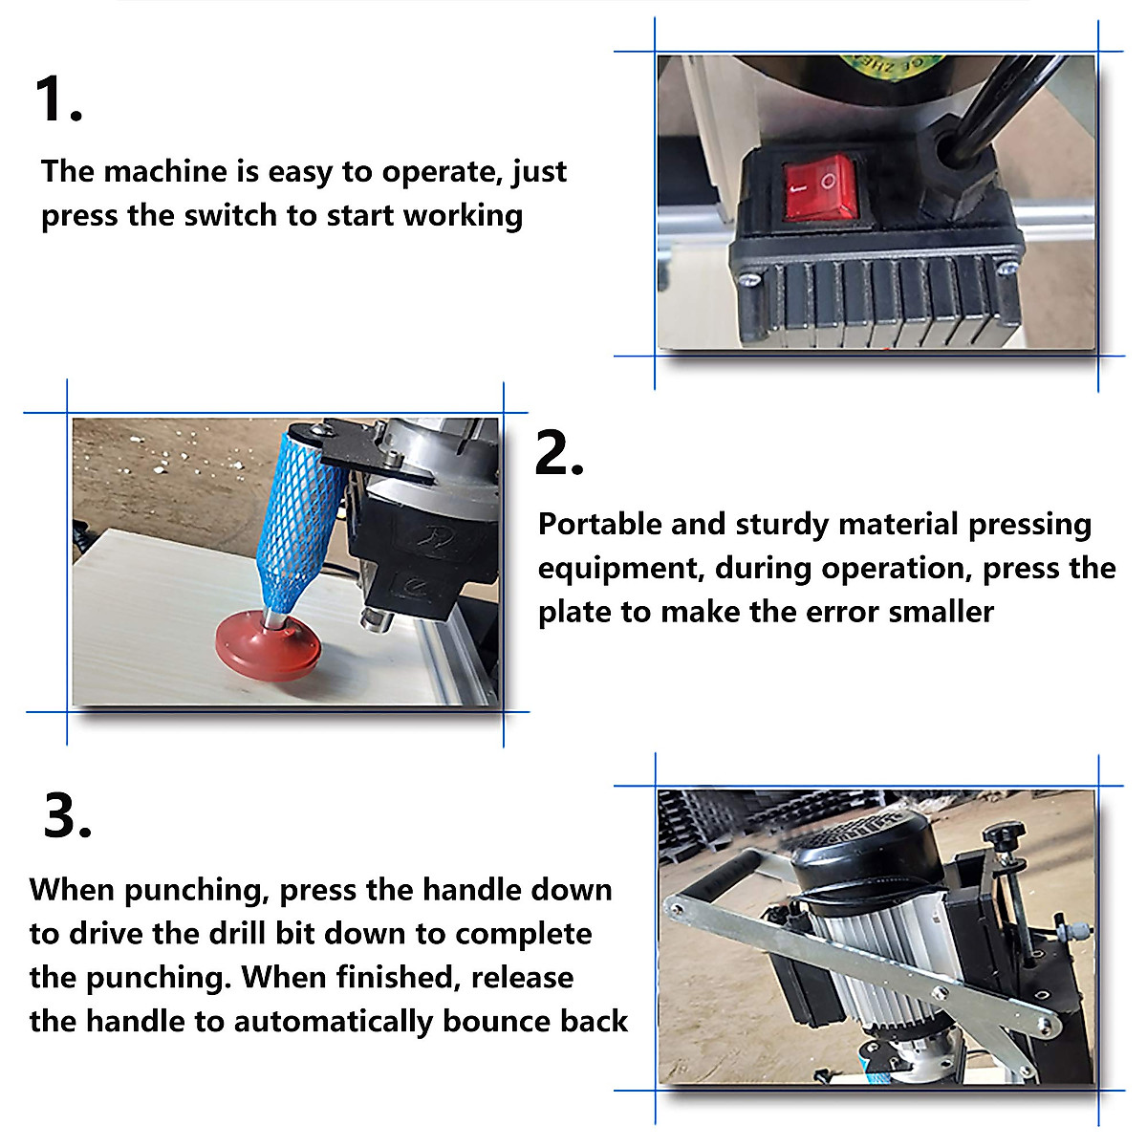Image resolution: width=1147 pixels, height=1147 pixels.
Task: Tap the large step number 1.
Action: (58, 98)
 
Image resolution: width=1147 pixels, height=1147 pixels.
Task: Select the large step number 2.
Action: (559, 453)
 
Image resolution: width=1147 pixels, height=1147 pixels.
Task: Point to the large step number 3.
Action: (67, 815)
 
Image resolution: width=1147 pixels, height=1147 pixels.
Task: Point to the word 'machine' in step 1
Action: (165, 172)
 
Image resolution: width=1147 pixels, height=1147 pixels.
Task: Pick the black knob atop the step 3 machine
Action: (1006, 832)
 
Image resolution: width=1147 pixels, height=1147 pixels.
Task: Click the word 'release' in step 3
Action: (522, 978)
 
